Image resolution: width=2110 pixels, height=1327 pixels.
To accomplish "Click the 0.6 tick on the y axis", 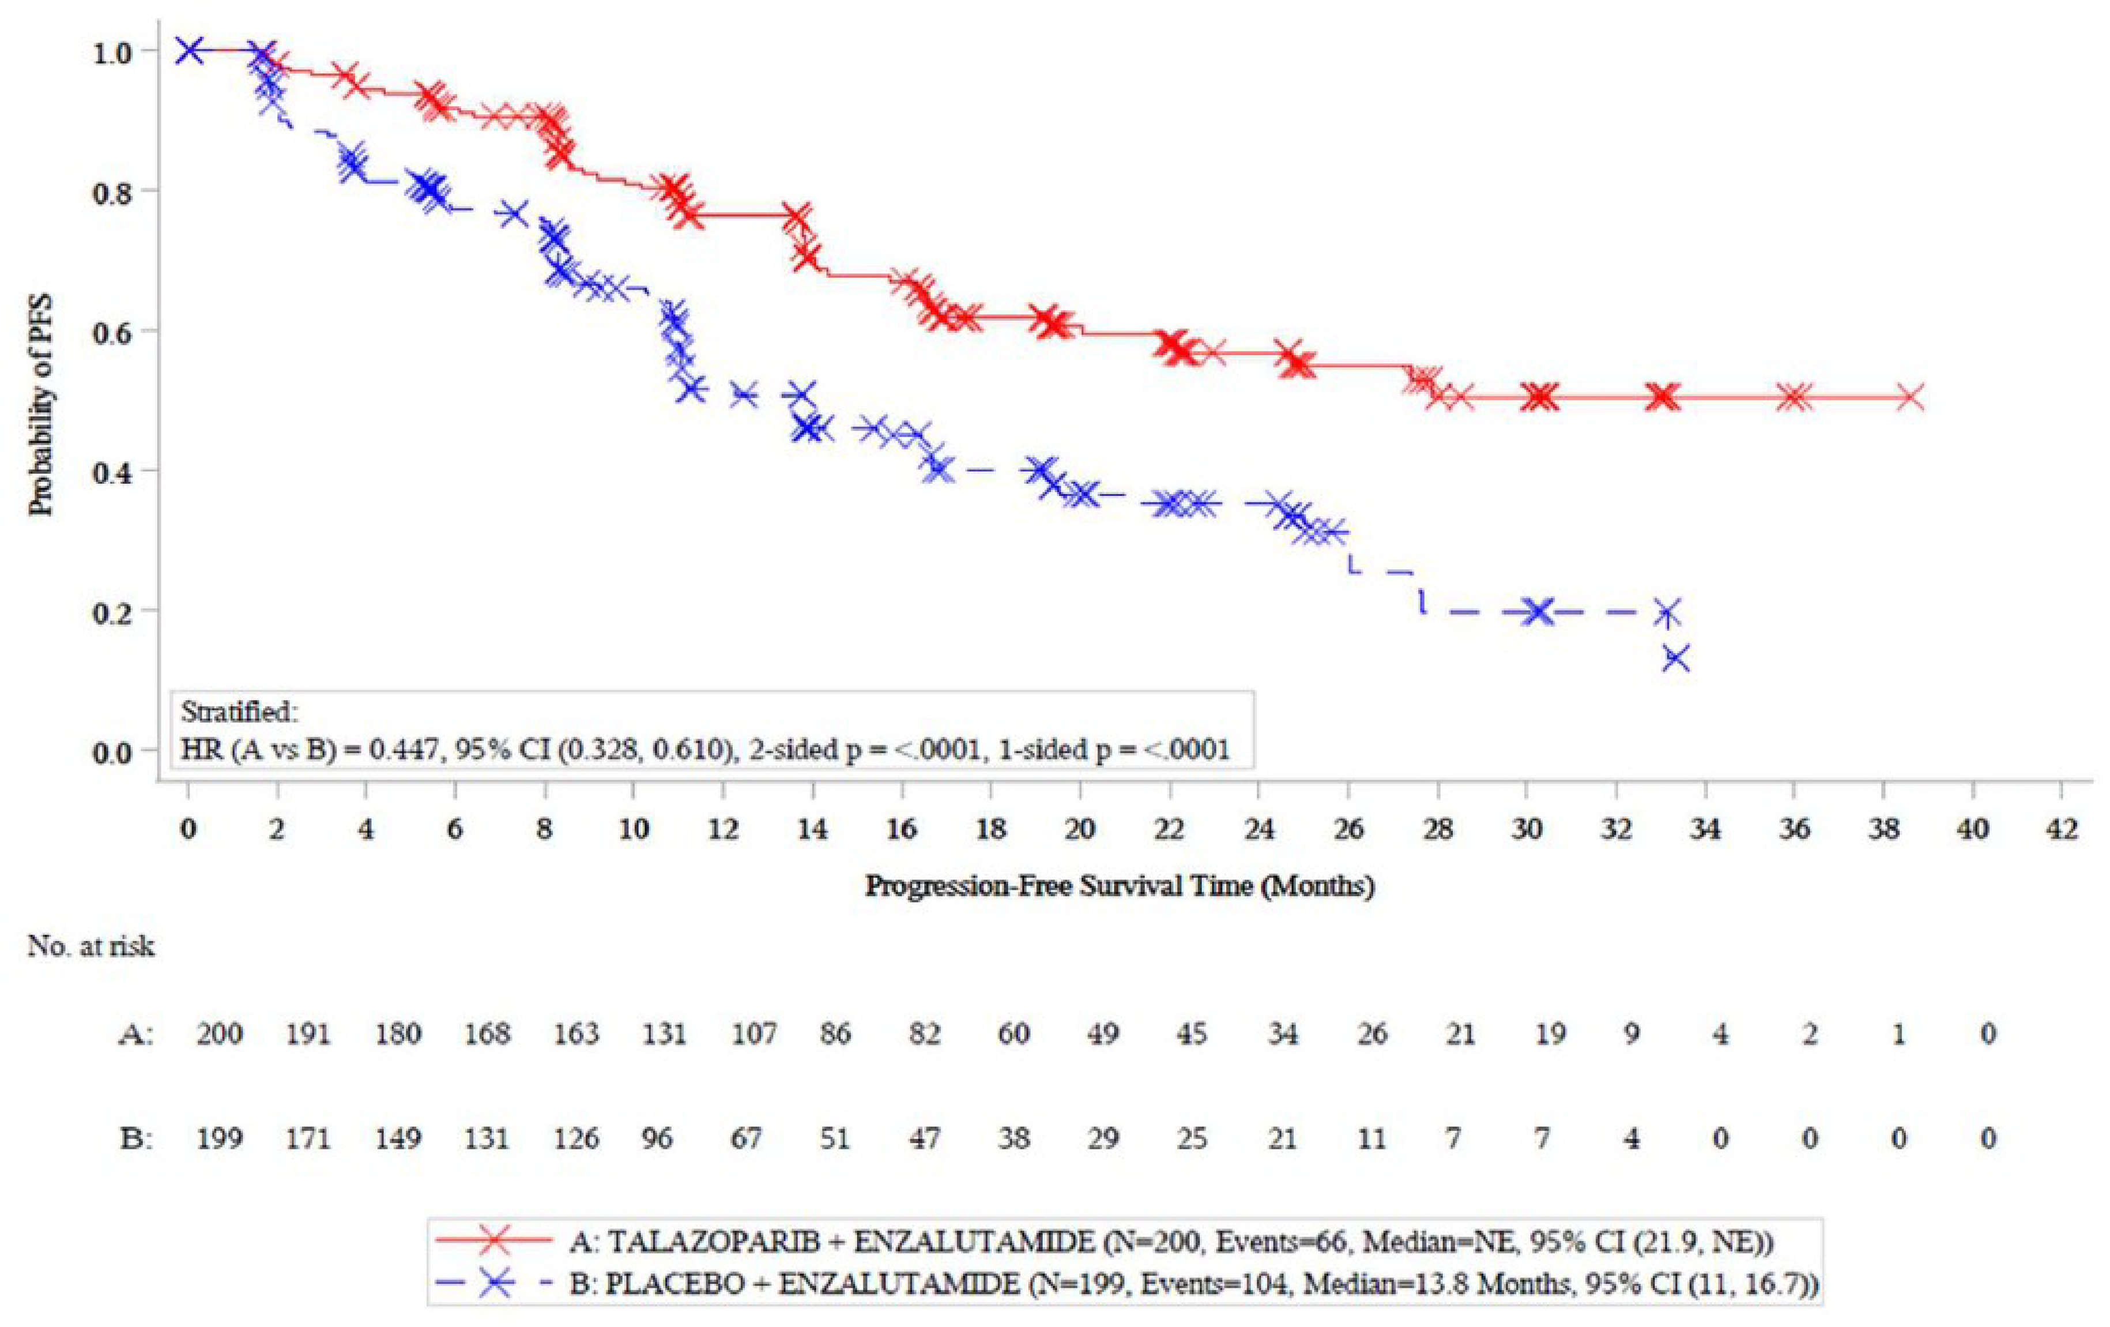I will click(x=113, y=330).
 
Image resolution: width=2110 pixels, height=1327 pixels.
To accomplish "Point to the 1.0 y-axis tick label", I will click(x=113, y=52).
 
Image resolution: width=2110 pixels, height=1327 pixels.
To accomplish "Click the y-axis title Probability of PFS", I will click(x=41, y=404).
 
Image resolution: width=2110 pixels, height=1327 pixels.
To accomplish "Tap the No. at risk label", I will click(x=91, y=946).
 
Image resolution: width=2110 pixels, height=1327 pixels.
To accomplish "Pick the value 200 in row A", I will click(x=219, y=1034).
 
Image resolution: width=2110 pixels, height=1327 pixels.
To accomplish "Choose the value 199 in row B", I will click(x=219, y=1138).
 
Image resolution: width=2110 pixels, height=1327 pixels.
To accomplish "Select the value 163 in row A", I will click(x=576, y=1034).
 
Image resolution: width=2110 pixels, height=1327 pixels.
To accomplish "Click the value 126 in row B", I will click(x=576, y=1138).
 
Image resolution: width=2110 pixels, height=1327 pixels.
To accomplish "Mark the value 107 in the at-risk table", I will click(x=753, y=1034).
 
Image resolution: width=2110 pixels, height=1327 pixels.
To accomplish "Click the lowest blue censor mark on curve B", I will click(x=1676, y=657).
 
